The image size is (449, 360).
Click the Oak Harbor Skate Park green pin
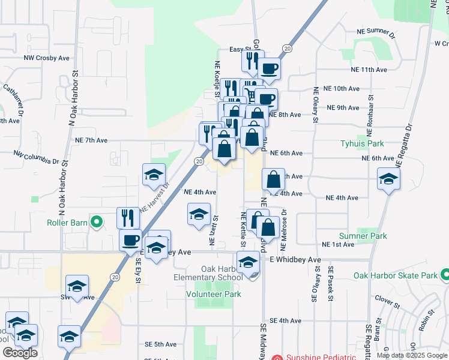point(445,275)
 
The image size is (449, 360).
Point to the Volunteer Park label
point(213,294)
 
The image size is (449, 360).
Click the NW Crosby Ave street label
point(47,58)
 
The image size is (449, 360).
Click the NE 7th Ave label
point(91,140)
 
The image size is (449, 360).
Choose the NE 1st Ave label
point(338,245)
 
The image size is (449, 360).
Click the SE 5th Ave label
point(160,344)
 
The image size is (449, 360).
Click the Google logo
point(20,353)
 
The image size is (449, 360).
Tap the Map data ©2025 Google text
point(412,355)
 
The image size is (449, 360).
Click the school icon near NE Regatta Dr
point(388,178)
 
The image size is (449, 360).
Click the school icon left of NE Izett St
point(199,214)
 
